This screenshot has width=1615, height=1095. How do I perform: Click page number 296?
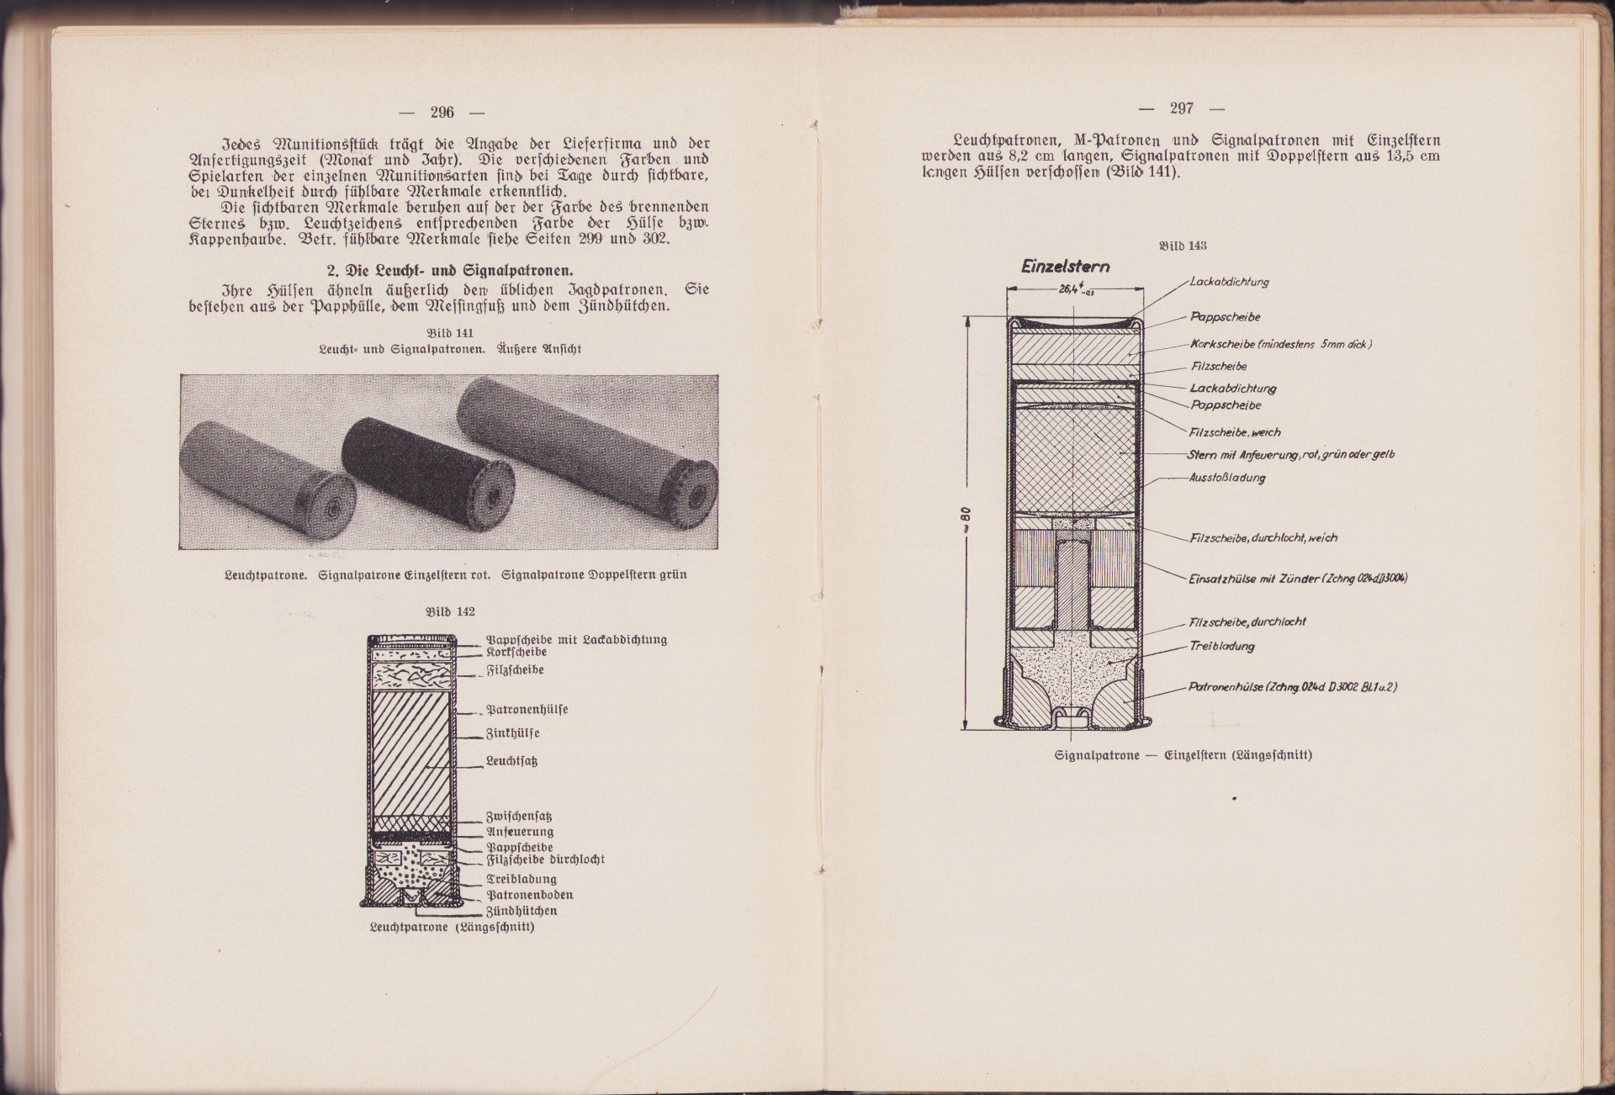(442, 113)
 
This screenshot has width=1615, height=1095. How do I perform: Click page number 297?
(1181, 108)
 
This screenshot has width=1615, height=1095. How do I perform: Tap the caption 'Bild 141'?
(450, 333)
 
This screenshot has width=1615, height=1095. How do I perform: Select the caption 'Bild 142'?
(450, 611)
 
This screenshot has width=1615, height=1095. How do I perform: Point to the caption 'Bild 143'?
(1183, 246)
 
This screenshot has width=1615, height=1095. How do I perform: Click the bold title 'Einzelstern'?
(1065, 267)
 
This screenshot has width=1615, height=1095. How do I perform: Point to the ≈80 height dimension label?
(967, 525)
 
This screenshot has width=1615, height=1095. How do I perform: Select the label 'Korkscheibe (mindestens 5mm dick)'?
(1280, 344)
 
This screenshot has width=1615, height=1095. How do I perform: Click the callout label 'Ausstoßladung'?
(1226, 478)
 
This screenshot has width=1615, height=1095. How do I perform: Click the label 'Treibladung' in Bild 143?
(1221, 646)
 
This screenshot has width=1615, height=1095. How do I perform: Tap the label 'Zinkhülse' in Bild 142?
(512, 733)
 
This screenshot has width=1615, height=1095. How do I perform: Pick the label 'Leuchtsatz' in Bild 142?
(511, 761)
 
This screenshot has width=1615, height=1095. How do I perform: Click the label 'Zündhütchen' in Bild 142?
(522, 911)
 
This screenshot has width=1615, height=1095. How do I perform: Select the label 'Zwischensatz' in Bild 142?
(519, 817)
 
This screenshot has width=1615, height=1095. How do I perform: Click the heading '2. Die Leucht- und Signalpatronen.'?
(449, 271)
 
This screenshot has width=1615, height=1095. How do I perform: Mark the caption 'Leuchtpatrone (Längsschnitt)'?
(452, 927)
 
